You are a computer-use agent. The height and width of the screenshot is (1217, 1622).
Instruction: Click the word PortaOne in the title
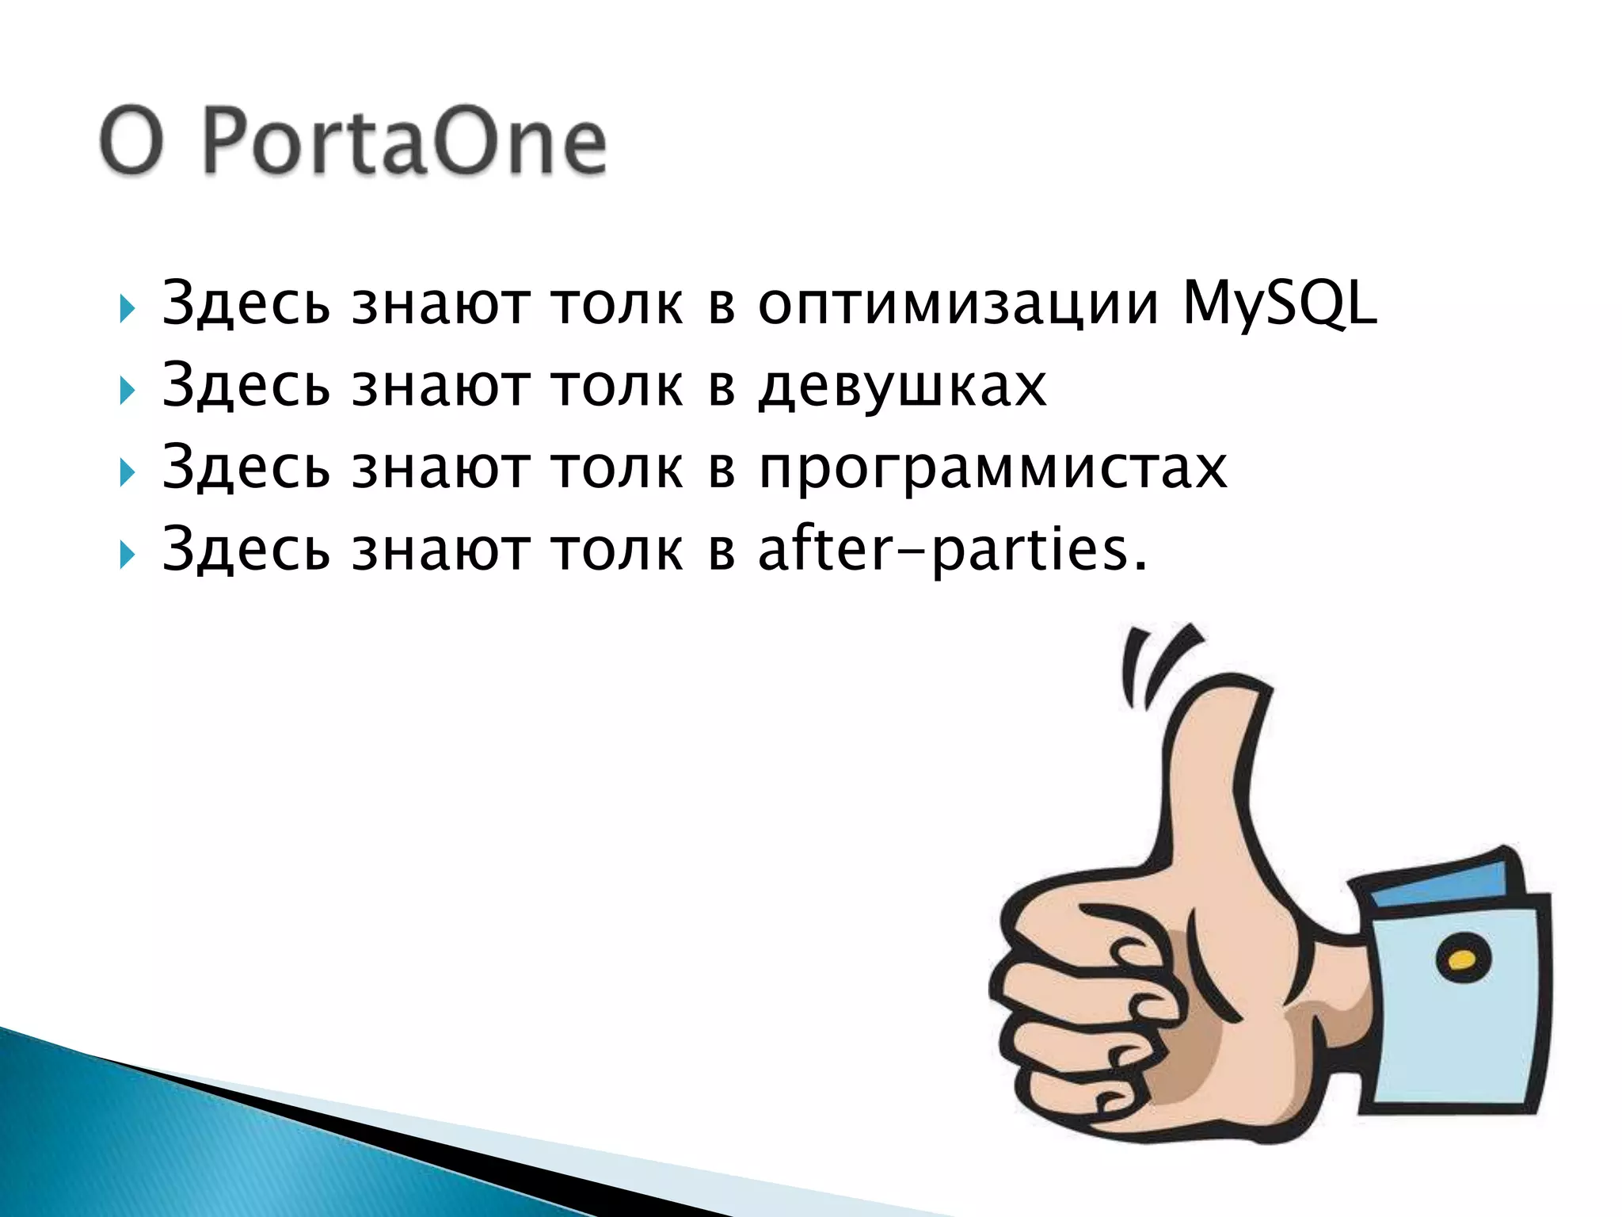[x=405, y=143]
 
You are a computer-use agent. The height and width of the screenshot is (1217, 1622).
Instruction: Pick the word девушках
[x=902, y=387]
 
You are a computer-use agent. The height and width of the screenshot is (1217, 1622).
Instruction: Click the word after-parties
[x=951, y=550]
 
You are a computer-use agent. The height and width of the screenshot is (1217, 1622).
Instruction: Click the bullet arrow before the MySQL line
[x=127, y=308]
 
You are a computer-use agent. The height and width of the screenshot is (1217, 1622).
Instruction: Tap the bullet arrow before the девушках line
[x=127, y=391]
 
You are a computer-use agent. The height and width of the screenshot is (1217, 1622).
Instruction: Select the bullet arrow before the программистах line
[x=127, y=473]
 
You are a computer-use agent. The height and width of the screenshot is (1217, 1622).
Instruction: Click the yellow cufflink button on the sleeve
[x=1461, y=961]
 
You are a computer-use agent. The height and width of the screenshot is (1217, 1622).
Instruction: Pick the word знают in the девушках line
[x=440, y=387]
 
